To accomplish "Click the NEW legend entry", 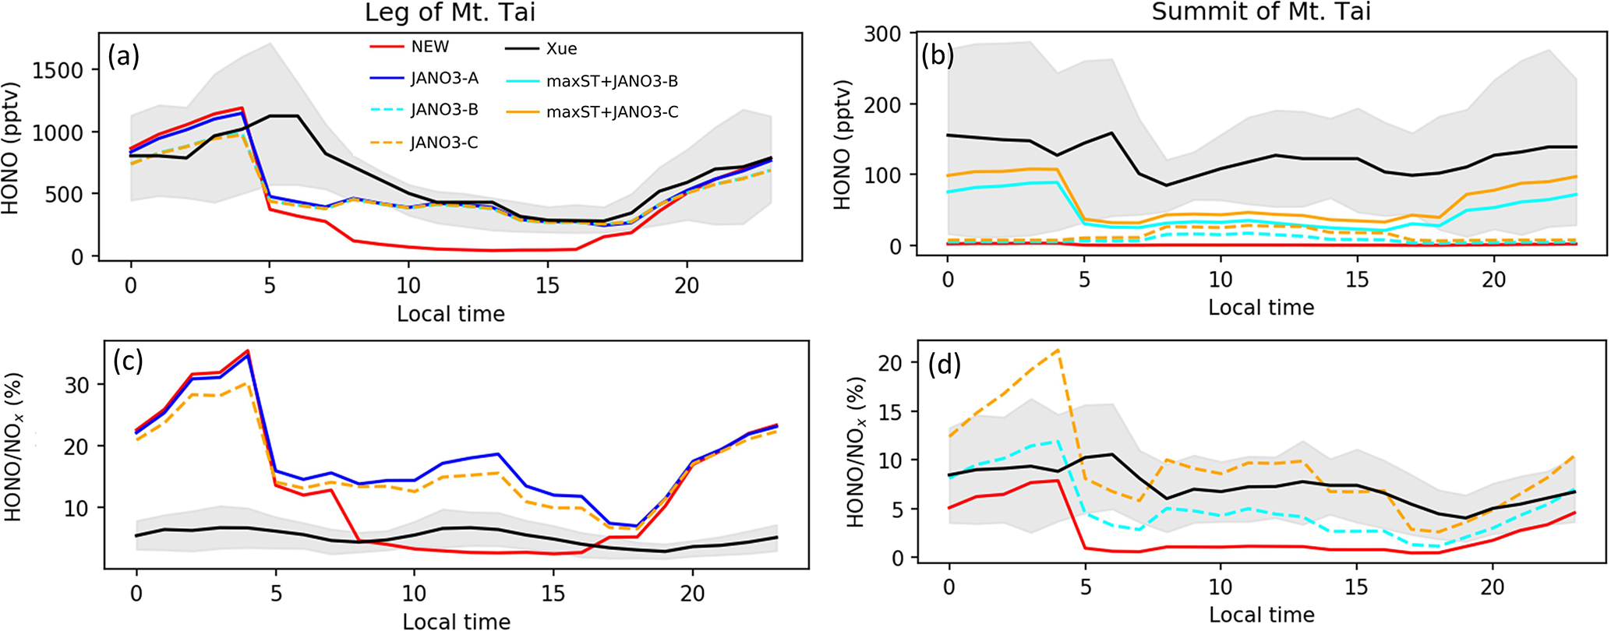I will (x=429, y=47).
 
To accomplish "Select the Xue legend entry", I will (x=561, y=48).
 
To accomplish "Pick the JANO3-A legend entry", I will (x=444, y=78).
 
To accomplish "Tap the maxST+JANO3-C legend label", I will (x=612, y=112).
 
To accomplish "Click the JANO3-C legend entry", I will (x=444, y=143).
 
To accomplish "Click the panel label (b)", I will (x=938, y=56).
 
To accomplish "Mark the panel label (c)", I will (x=128, y=362).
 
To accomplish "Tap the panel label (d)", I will (x=944, y=363).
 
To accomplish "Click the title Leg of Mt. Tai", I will (x=450, y=13).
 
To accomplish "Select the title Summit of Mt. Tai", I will (x=1261, y=12).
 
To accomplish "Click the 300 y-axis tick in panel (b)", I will (x=881, y=33).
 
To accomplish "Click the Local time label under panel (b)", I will (x=1261, y=308).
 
